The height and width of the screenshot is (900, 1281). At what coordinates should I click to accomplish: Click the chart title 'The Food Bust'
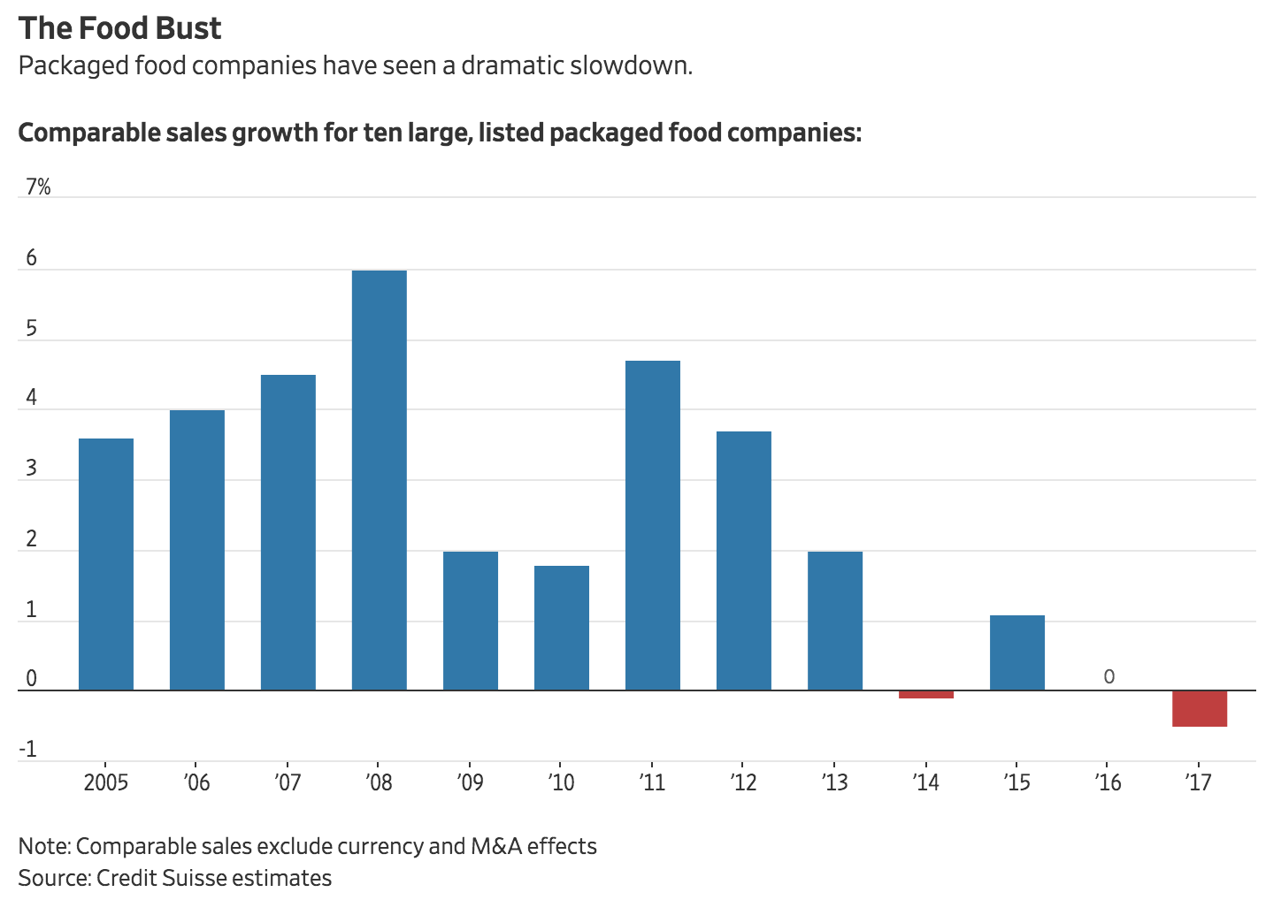click(x=119, y=28)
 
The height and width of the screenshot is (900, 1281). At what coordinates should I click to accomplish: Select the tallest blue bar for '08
click(x=379, y=480)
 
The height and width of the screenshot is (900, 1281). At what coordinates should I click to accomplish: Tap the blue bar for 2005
click(x=106, y=564)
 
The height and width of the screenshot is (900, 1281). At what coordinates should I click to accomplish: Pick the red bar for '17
click(x=1199, y=708)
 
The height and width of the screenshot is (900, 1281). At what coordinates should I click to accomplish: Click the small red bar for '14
click(x=925, y=695)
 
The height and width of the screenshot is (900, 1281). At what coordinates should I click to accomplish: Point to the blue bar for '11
click(x=652, y=525)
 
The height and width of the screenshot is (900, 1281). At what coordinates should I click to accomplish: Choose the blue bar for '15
click(x=1016, y=652)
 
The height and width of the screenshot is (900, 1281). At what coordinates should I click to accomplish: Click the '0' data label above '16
click(x=1108, y=677)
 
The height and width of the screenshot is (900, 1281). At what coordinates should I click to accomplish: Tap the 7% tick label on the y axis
click(x=38, y=187)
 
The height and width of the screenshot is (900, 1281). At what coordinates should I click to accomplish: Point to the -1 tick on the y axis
click(x=28, y=750)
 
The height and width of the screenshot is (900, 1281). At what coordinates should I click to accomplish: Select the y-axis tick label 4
click(x=32, y=398)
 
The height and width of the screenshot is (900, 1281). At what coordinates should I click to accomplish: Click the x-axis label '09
click(x=470, y=782)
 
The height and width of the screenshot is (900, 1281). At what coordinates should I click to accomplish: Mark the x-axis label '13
click(x=834, y=782)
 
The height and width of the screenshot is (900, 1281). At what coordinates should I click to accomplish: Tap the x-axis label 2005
click(x=106, y=782)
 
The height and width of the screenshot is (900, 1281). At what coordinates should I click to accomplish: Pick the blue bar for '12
click(x=743, y=561)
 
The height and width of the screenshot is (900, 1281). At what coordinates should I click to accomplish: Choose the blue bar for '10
click(x=561, y=628)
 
